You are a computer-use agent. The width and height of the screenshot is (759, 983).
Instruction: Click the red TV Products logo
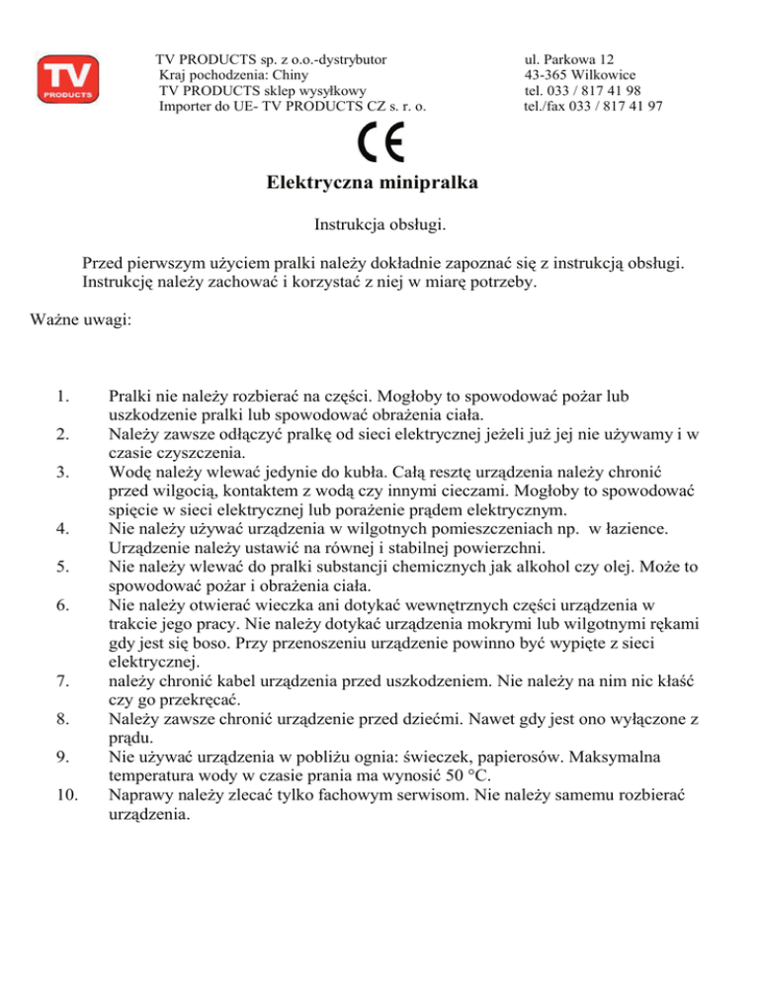point(67,79)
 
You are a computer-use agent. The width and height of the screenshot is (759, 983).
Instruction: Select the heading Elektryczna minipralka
point(379,184)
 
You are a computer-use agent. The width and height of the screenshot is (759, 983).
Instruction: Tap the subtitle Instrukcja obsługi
point(379,225)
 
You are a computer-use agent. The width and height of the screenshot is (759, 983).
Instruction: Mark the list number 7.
point(62,680)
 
